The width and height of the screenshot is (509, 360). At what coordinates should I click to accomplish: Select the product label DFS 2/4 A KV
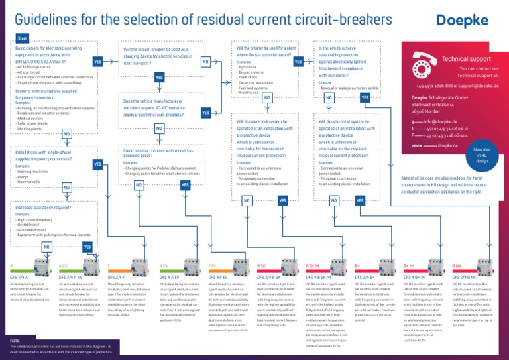point(69,277)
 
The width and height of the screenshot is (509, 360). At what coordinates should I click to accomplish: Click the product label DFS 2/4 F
point(117,277)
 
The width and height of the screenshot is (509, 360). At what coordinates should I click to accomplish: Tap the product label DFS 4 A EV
point(169,277)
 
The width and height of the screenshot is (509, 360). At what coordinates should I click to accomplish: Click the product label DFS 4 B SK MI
point(321,277)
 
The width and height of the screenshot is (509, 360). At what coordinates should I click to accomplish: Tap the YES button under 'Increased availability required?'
point(87,247)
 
